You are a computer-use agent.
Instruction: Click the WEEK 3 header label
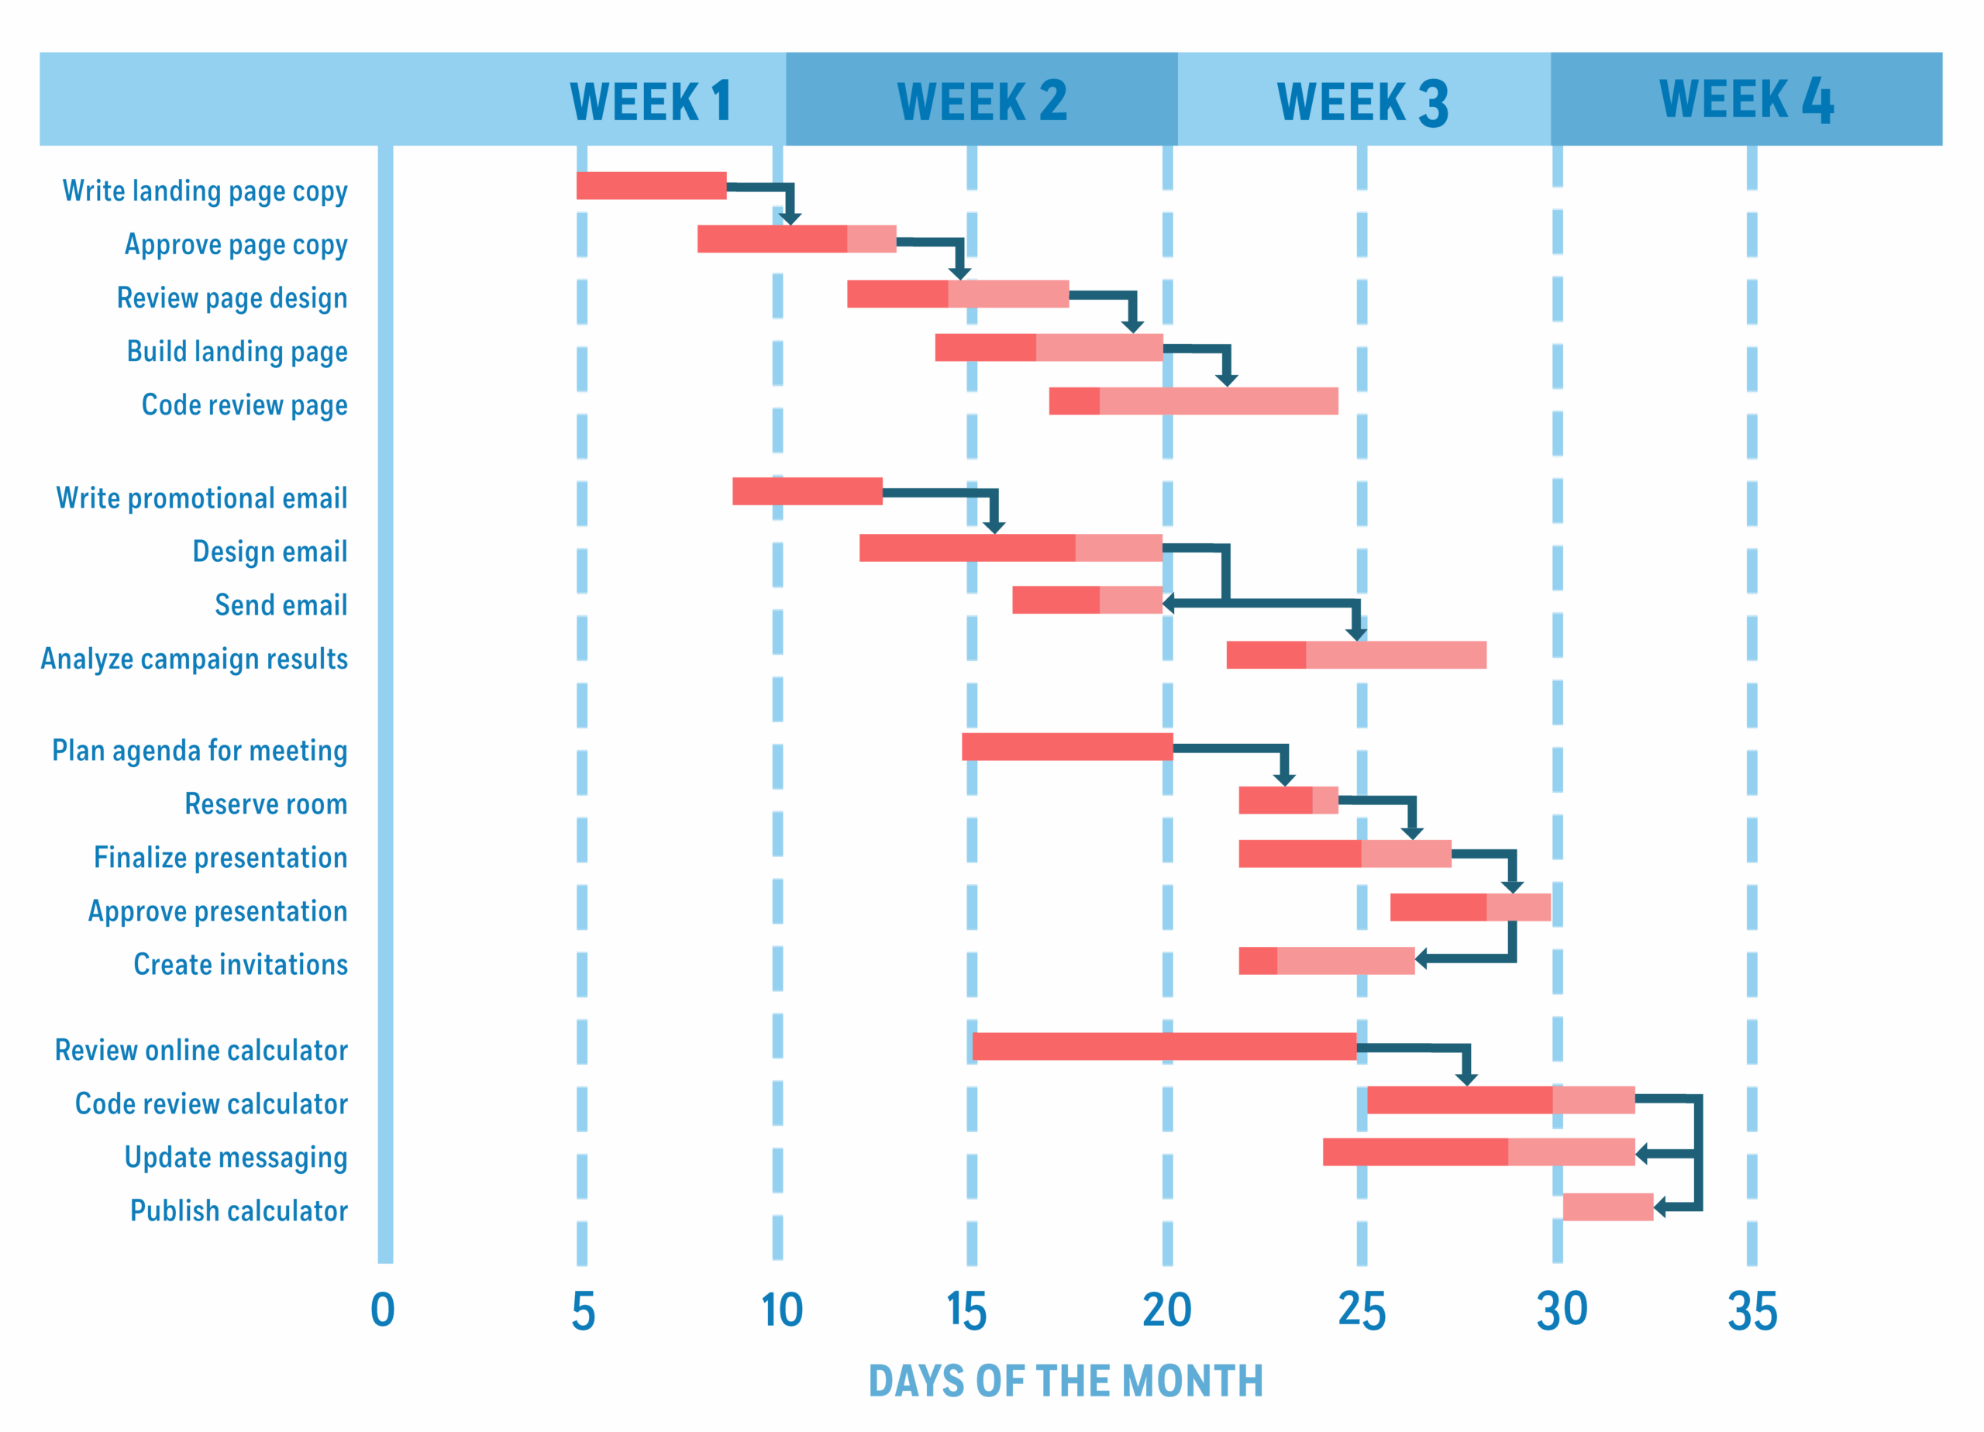pyautogui.click(x=1362, y=102)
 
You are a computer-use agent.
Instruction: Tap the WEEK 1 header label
pyautogui.click(x=650, y=102)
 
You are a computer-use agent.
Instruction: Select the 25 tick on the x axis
pyautogui.click(x=1362, y=1310)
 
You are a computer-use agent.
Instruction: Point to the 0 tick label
pyautogui.click(x=382, y=1310)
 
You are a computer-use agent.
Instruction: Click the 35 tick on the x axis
pyautogui.click(x=1752, y=1310)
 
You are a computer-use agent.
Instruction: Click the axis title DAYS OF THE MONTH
pyautogui.click(x=1066, y=1382)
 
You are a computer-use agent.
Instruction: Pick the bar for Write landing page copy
pyautogui.click(x=651, y=185)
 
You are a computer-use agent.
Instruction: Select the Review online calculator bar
pyautogui.click(x=1163, y=1046)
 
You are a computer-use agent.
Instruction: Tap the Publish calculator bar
pyautogui.click(x=1608, y=1207)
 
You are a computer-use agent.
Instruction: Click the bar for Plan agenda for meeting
pyautogui.click(x=1067, y=746)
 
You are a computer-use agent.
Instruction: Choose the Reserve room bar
pyautogui.click(x=1288, y=800)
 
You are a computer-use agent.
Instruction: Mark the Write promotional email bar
pyautogui.click(x=807, y=491)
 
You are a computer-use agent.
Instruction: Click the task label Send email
pyautogui.click(x=281, y=604)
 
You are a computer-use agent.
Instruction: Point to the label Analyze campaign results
pyautogui.click(x=195, y=658)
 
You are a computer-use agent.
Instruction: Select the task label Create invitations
pyautogui.click(x=240, y=964)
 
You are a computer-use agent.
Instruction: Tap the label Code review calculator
pyautogui.click(x=212, y=1103)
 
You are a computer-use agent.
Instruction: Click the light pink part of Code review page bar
pyautogui.click(x=1218, y=401)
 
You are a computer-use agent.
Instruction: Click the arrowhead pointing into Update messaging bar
pyautogui.click(x=1642, y=1153)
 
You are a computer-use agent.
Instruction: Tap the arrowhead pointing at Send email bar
pyautogui.click(x=1169, y=603)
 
